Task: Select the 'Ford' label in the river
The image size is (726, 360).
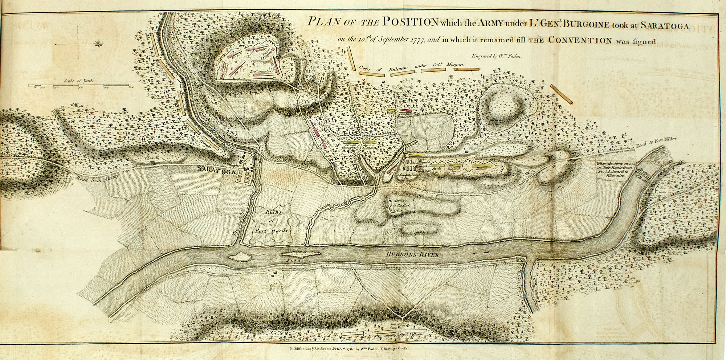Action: [x=291, y=261]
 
